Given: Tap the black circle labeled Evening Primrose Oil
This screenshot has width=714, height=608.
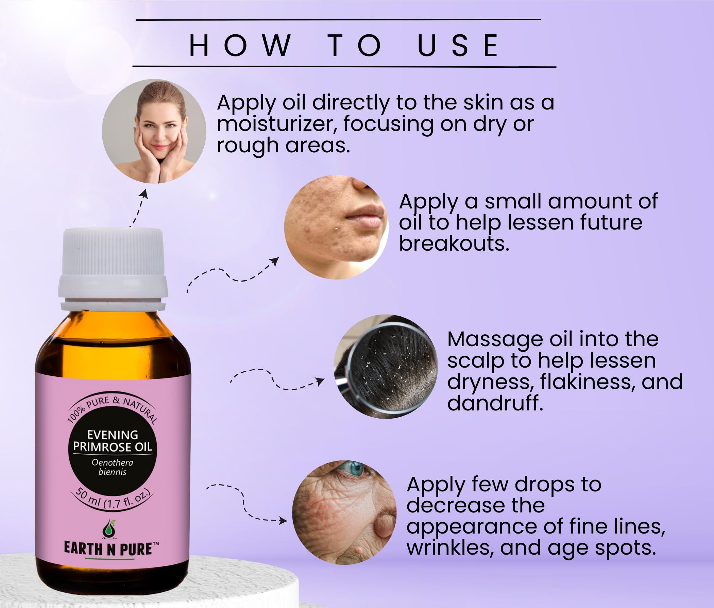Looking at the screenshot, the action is click(x=113, y=455).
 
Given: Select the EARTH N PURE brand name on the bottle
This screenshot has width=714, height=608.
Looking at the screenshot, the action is click(x=108, y=549).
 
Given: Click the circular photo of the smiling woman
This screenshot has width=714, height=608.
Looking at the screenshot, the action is click(x=154, y=131).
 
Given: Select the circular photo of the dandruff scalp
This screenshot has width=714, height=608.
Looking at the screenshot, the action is click(x=386, y=366).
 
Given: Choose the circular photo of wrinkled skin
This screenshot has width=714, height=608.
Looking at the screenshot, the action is click(x=344, y=512).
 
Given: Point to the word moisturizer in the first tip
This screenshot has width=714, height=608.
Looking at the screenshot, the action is click(x=277, y=124).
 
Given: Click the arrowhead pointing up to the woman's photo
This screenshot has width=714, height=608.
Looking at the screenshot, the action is click(x=145, y=193).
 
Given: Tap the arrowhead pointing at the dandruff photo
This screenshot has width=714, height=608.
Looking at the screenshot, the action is click(x=320, y=381).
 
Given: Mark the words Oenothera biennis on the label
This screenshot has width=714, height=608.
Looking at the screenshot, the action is click(x=112, y=467).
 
